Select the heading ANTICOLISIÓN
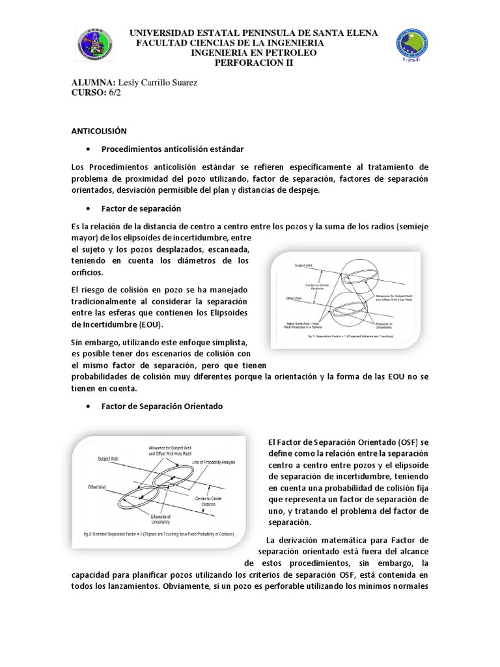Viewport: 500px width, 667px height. pos(100,130)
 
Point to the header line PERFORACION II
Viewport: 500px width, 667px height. pos(255,63)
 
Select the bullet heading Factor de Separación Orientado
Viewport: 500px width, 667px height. pos(162,406)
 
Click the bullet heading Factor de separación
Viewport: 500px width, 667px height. pos(141,208)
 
